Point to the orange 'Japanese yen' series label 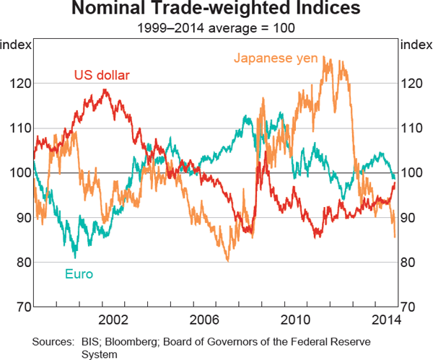(276, 58)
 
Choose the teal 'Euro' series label (79, 273)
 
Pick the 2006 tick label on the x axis (204, 319)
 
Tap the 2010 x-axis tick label (295, 319)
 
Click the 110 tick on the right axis (411, 128)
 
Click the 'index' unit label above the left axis (16, 45)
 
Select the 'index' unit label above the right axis (416, 45)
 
